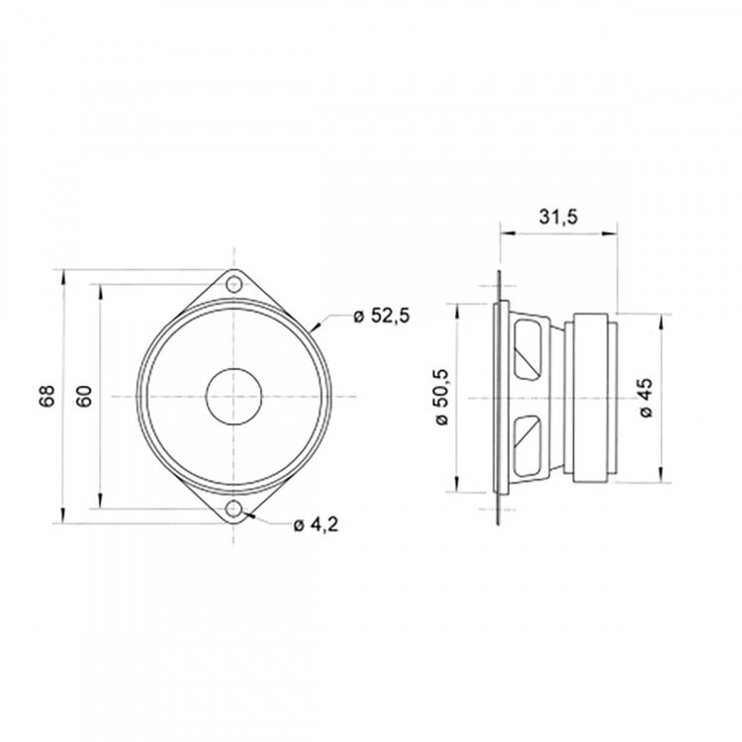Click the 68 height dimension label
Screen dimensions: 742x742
click(46, 396)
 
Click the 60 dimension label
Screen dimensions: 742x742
click(85, 396)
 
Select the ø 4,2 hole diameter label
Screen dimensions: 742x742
click(317, 524)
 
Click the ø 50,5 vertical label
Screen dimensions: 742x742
click(442, 396)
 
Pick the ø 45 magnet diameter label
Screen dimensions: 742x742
click(645, 397)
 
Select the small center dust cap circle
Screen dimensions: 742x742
click(235, 397)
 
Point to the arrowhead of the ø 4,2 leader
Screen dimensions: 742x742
click(248, 513)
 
